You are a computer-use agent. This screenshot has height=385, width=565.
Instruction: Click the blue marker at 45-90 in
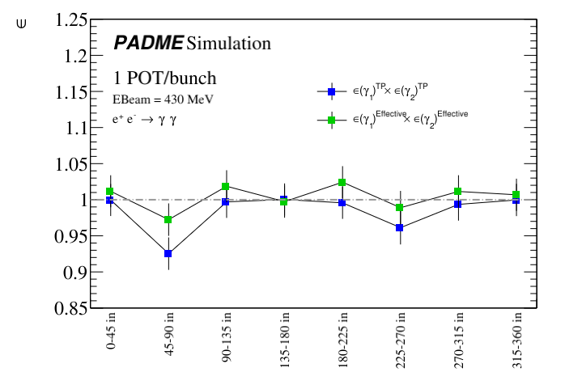[168, 254]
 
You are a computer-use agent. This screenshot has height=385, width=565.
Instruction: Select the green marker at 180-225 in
[342, 183]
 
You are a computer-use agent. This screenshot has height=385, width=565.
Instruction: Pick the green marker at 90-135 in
[226, 187]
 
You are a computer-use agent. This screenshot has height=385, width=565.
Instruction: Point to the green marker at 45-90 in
[168, 220]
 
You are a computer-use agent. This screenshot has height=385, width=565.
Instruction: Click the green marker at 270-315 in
[458, 192]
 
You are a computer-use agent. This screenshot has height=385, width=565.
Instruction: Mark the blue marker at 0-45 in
[110, 200]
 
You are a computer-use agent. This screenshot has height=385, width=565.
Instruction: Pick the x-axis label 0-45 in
[110, 337]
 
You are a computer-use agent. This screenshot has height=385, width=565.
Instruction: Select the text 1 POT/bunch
[165, 78]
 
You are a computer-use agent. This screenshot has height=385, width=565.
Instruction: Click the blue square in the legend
[331, 92]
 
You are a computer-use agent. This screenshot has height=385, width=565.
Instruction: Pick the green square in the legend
[331, 122]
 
